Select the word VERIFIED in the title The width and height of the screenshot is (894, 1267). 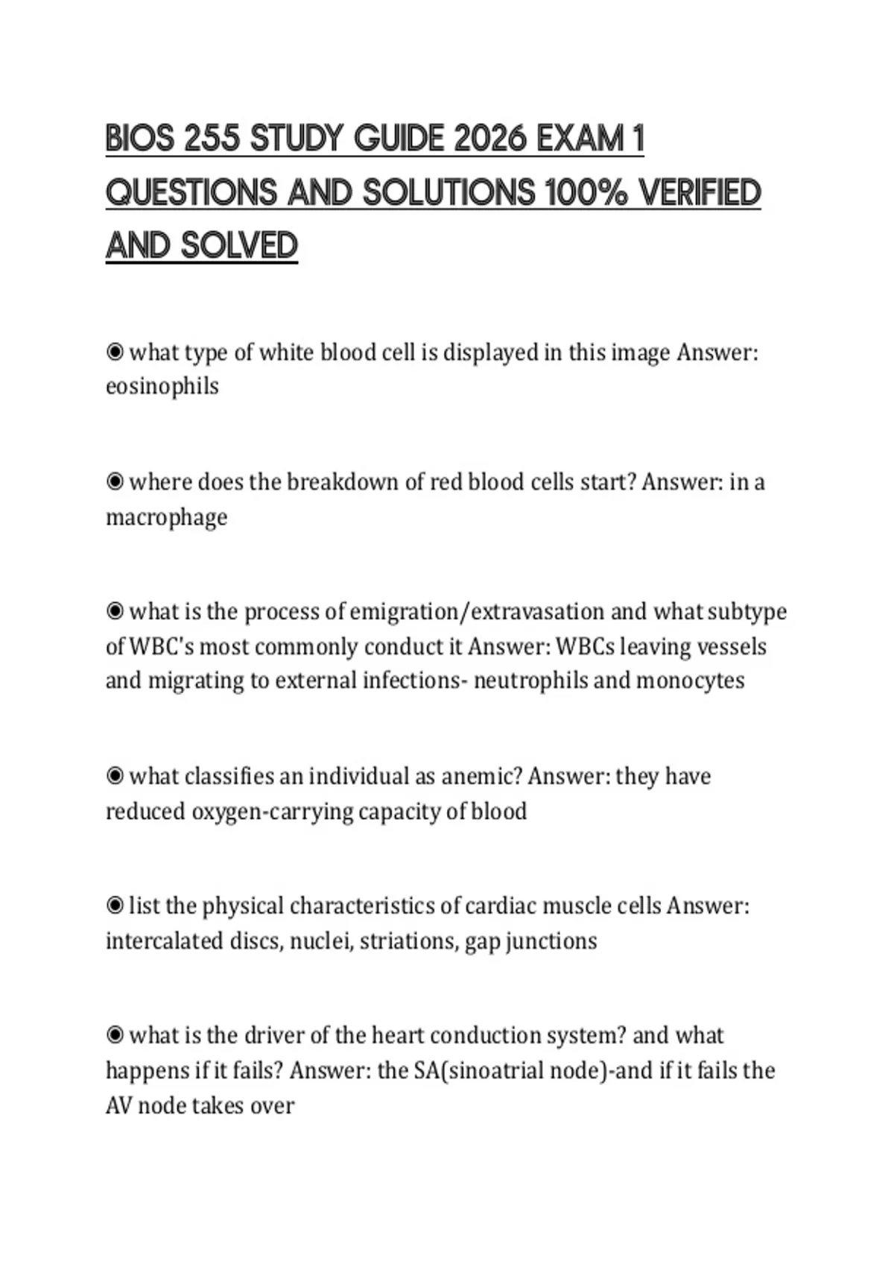[x=700, y=192]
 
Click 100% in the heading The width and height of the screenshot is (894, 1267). [x=589, y=192]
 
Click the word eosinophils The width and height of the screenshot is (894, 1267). [x=162, y=386]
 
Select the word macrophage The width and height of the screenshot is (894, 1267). [x=166, y=516]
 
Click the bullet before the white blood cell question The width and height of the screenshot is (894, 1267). [x=115, y=352]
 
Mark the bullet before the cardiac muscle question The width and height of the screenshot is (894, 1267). [x=115, y=906]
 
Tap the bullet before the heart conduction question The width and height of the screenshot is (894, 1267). [x=115, y=1035]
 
